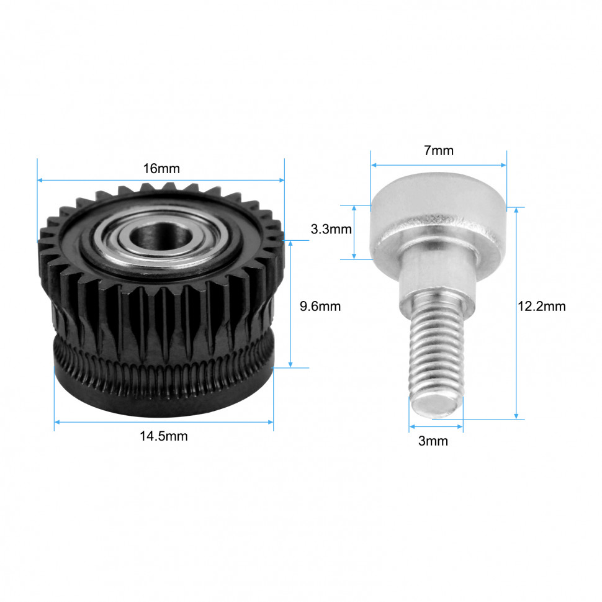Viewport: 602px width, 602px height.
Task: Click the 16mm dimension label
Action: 161,169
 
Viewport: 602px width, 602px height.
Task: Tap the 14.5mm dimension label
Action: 164,436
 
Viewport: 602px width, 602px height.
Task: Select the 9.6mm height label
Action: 320,307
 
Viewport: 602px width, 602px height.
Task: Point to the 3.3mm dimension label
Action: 331,229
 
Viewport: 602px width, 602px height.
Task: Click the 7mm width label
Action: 438,150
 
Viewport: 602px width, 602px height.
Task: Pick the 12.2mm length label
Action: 541,307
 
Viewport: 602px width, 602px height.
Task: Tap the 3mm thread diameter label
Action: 433,441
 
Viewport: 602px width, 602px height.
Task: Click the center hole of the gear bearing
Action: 161,235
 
